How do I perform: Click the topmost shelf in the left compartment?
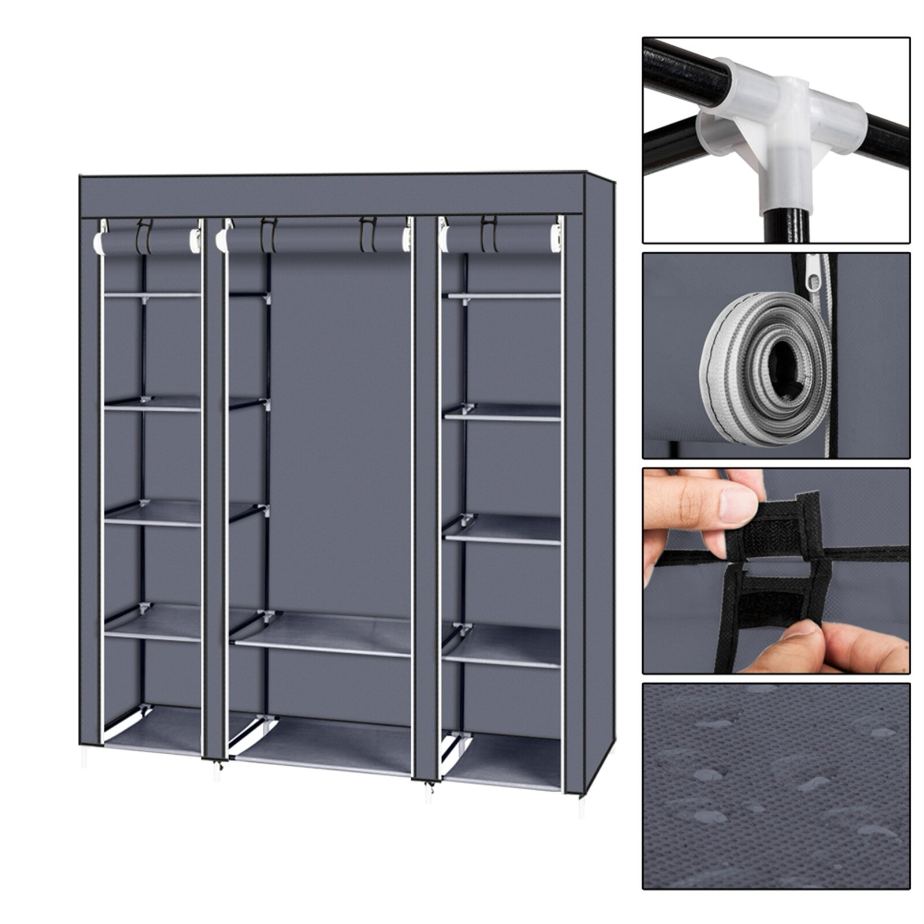pyautogui.click(x=152, y=295)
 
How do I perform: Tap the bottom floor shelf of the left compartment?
pyautogui.click(x=153, y=731)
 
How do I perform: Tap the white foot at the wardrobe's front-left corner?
pyautogui.click(x=84, y=757)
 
